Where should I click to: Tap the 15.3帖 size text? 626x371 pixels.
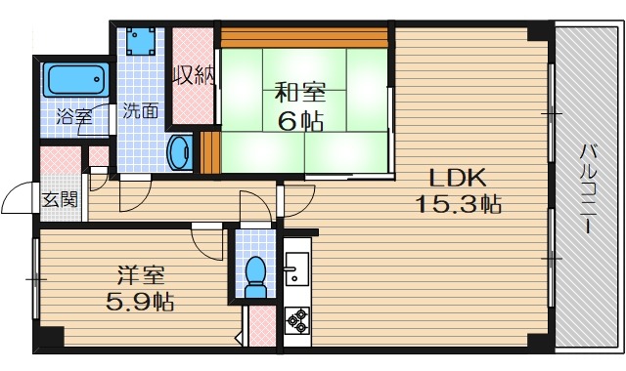(459, 205)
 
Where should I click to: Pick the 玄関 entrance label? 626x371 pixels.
(59, 198)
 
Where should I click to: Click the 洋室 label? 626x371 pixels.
(138, 275)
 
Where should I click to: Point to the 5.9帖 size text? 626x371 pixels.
(140, 302)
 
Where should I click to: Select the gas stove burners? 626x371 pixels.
(295, 318)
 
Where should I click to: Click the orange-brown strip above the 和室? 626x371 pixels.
(305, 38)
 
